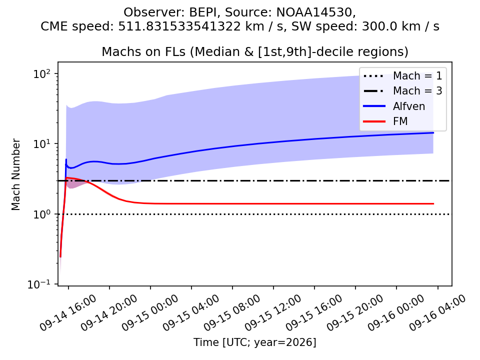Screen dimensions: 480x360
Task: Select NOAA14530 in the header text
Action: [x=314, y=12]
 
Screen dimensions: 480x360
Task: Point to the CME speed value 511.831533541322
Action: [x=179, y=26]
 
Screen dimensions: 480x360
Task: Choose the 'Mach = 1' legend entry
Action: [x=403, y=75]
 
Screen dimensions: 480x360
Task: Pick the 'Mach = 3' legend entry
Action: [x=403, y=90]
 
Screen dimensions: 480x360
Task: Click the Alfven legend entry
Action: [x=394, y=106]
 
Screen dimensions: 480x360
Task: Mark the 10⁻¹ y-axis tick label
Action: [x=39, y=284]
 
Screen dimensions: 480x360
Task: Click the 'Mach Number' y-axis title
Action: [x=15, y=174]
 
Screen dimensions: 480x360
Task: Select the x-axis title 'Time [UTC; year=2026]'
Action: [x=254, y=342]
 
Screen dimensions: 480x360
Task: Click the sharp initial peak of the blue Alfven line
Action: [x=66, y=159]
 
